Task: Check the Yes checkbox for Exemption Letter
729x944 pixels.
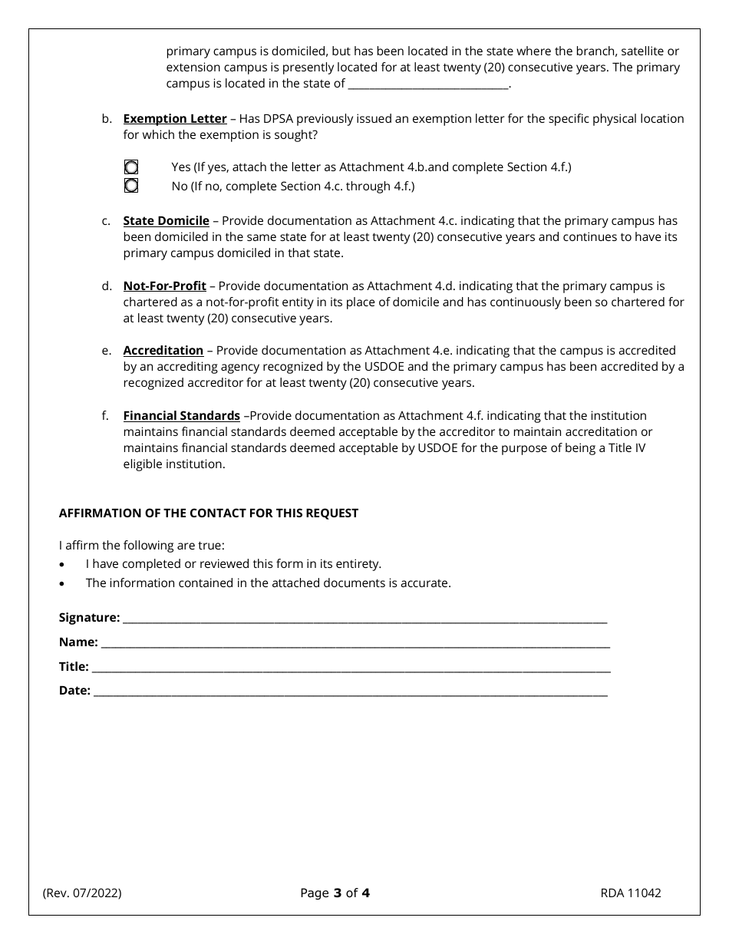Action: pyautogui.click(x=131, y=167)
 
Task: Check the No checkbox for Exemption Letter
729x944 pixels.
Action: pyautogui.click(x=131, y=186)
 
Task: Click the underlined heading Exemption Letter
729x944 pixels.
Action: pyautogui.click(x=175, y=119)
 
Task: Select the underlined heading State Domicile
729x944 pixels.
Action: pyautogui.click(x=166, y=221)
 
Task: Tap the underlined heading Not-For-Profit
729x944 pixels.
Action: pyautogui.click(x=164, y=286)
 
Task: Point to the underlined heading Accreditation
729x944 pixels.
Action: pyautogui.click(x=163, y=351)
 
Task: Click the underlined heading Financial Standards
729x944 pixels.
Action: pyautogui.click(x=181, y=416)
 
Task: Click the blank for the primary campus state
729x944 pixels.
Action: pyautogui.click(x=428, y=85)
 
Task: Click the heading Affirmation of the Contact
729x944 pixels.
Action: pyautogui.click(x=209, y=513)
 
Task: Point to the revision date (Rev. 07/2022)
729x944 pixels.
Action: pyautogui.click(x=82, y=893)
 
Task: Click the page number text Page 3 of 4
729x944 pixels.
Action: pyautogui.click(x=335, y=893)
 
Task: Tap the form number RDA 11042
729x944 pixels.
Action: pyautogui.click(x=631, y=893)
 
